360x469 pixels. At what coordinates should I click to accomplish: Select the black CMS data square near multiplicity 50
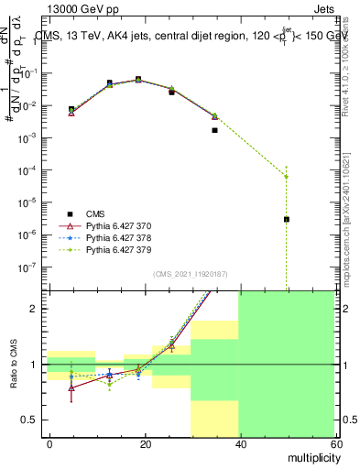[x=287, y=219]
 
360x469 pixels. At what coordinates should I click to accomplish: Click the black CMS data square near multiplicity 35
[x=214, y=130]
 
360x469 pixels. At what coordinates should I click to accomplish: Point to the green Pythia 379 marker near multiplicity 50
[x=287, y=176]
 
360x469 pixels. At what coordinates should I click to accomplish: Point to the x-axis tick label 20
[x=145, y=443]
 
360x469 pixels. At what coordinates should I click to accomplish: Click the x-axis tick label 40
[x=239, y=443]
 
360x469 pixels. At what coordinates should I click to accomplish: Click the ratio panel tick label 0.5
[x=34, y=420]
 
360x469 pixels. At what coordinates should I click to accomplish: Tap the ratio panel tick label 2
[x=38, y=309]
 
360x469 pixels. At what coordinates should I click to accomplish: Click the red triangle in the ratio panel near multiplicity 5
[x=71, y=387]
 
